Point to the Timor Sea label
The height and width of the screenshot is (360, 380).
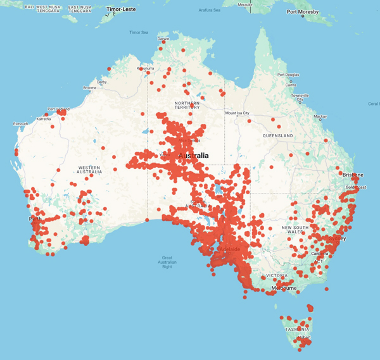(x=139, y=32)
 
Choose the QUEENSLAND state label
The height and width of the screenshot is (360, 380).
(x=278, y=135)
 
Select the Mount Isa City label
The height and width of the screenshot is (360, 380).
(x=238, y=113)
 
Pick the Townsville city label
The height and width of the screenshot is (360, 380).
(x=300, y=97)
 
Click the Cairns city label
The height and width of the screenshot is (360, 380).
(x=291, y=84)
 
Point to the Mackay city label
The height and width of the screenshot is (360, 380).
(x=320, y=116)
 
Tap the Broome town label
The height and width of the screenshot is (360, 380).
(x=89, y=88)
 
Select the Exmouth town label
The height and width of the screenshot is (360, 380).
(x=20, y=123)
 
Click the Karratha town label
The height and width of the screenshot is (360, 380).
(x=44, y=118)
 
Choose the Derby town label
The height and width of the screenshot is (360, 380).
(x=102, y=82)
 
